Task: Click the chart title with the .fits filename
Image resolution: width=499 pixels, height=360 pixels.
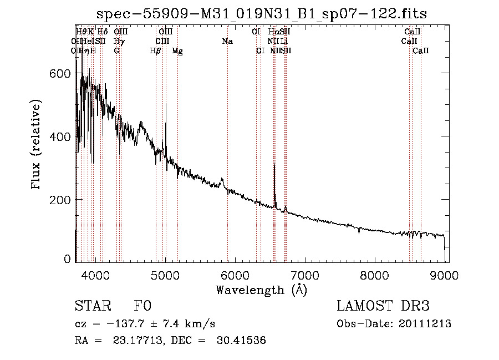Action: point(261,13)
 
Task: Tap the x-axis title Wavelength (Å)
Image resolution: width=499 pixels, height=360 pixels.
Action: point(261,290)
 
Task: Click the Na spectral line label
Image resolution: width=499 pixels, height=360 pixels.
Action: point(227,41)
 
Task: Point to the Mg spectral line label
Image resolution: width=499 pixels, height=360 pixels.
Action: point(177,51)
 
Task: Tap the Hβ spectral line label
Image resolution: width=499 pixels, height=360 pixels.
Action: point(156,51)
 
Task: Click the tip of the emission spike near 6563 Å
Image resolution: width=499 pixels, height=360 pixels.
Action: point(274,164)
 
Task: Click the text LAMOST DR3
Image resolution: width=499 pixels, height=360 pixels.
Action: point(383,306)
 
